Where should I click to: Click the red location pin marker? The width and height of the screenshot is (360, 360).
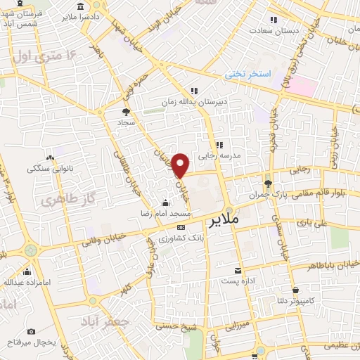(x=181, y=165)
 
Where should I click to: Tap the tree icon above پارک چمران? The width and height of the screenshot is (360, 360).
(x=268, y=184)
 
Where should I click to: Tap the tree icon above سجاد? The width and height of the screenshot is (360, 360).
(x=126, y=111)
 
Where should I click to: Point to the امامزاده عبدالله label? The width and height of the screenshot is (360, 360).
(x=27, y=282)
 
